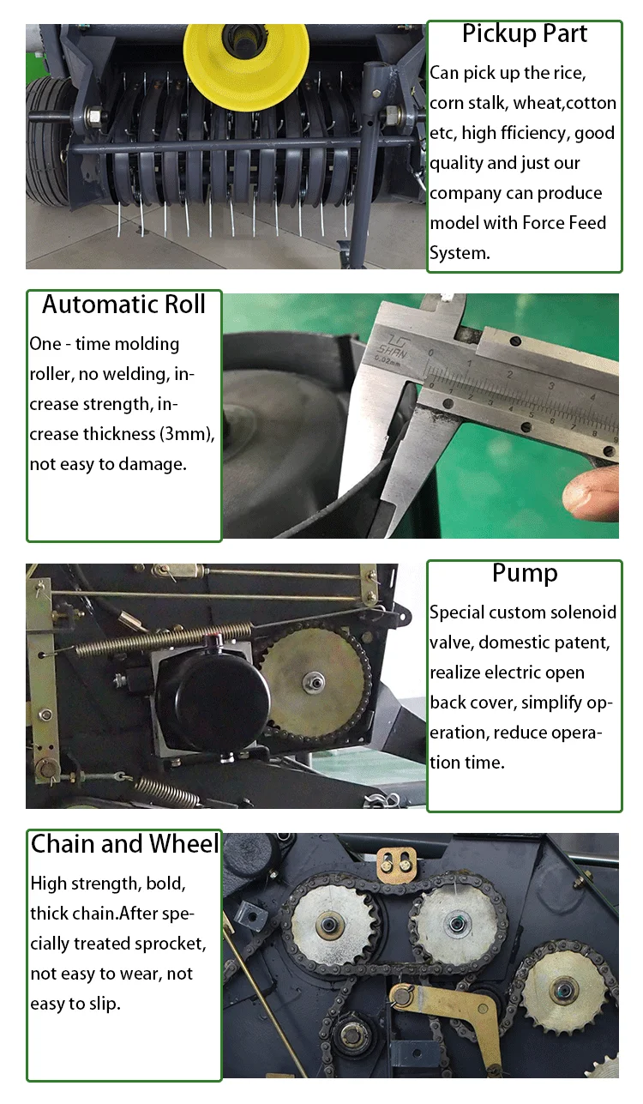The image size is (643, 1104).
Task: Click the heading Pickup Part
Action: click(x=524, y=34)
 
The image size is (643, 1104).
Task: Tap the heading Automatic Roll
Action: click(x=123, y=305)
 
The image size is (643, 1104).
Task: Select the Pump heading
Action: click(x=525, y=574)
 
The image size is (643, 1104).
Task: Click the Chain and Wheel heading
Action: click(x=124, y=843)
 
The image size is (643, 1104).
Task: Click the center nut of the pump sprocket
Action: click(x=314, y=683)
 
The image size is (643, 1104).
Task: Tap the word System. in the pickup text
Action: click(x=460, y=253)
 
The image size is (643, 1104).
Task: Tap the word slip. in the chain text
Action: click(x=105, y=1004)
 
